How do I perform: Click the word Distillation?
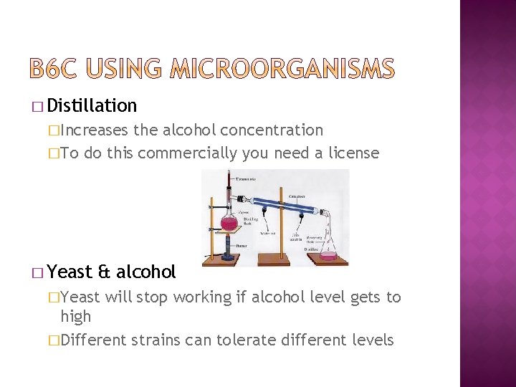[92, 106]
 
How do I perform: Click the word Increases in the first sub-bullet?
[95, 130]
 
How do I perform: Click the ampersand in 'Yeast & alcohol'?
[103, 272]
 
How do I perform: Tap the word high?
[75, 316]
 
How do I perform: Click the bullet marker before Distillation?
[37, 107]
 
